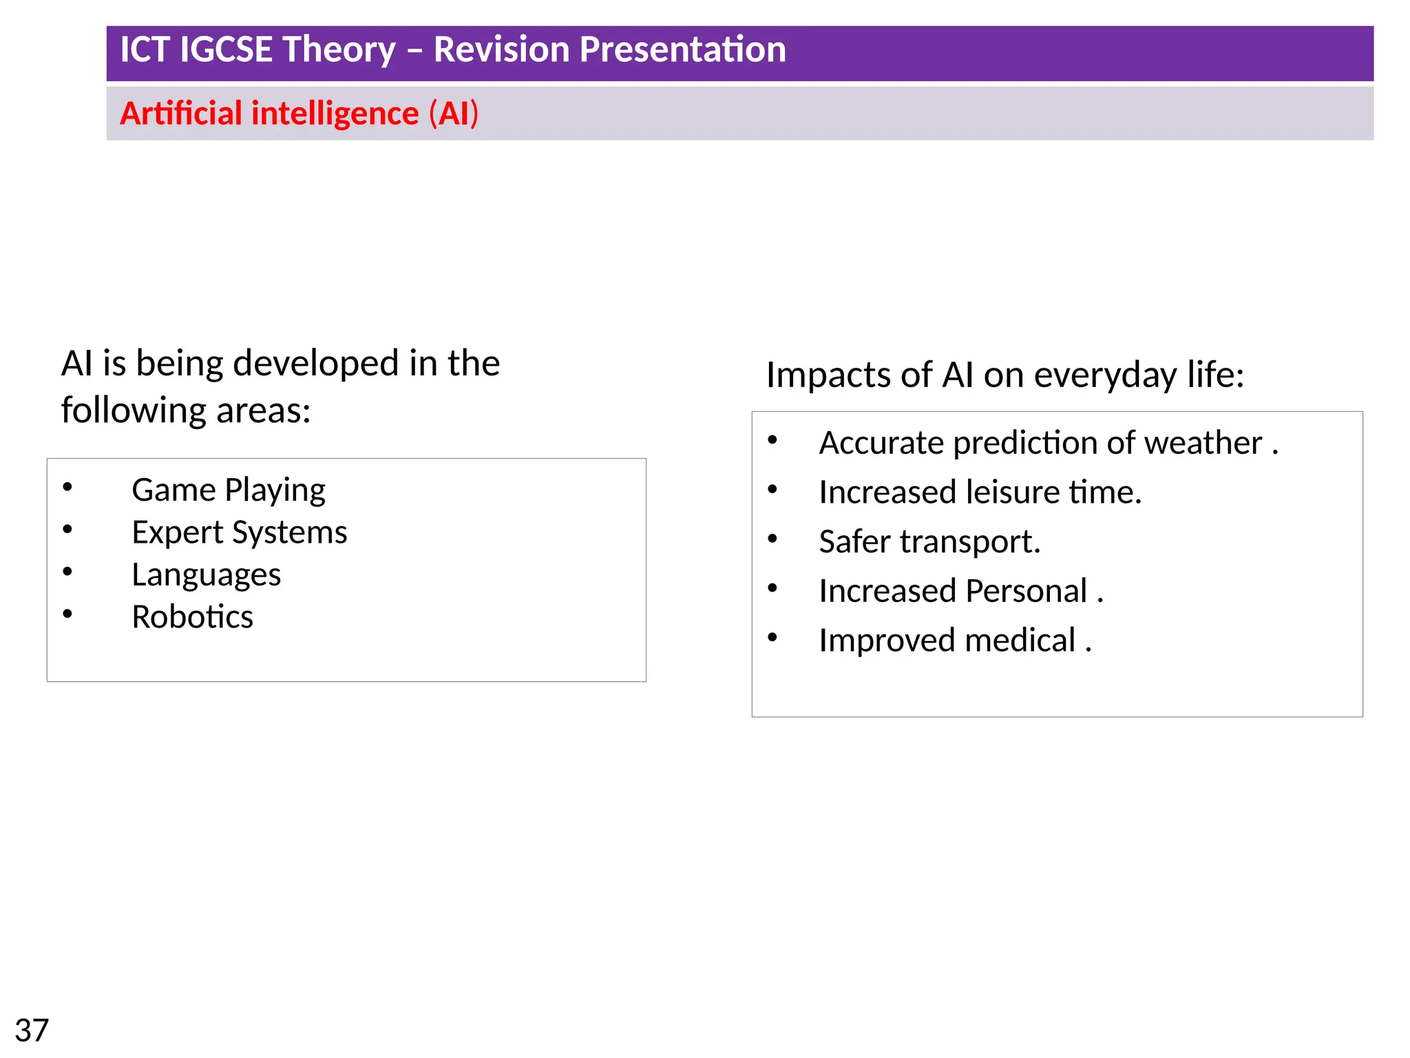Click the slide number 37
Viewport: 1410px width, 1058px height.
[32, 1030]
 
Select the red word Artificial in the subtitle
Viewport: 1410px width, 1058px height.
[181, 114]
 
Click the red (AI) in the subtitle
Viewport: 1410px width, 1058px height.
[453, 114]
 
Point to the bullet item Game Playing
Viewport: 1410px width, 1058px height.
[228, 490]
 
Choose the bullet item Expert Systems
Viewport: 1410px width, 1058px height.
[239, 532]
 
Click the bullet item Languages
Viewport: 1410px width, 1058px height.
[206, 575]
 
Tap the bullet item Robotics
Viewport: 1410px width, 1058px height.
[192, 617]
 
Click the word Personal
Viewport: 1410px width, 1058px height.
[1026, 591]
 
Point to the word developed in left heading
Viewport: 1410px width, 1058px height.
[316, 363]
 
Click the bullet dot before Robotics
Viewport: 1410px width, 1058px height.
[67, 614]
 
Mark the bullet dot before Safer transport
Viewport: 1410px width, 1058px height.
[772, 539]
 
